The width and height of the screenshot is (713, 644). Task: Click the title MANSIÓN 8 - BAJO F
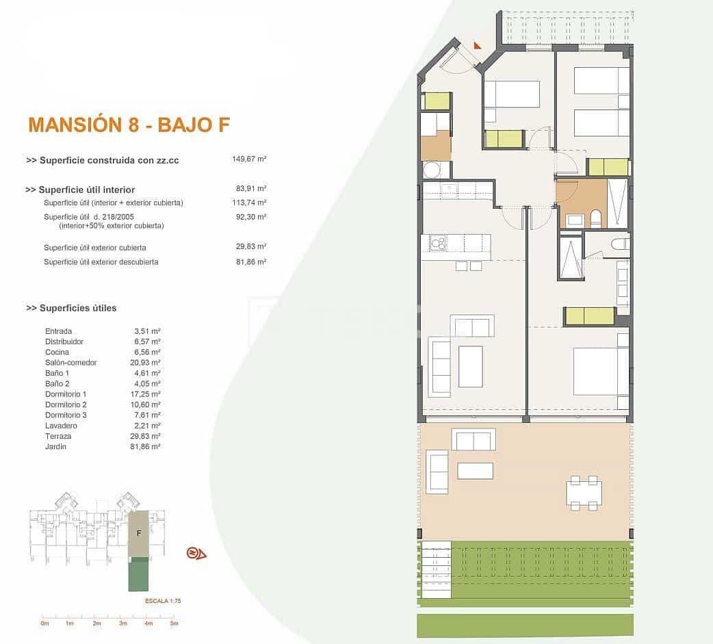point(129,125)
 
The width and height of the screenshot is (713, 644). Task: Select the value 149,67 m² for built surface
point(249,159)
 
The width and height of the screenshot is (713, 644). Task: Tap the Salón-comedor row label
point(70,363)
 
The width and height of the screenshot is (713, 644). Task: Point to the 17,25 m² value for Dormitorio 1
point(147,394)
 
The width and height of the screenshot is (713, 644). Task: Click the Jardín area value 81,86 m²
point(147,446)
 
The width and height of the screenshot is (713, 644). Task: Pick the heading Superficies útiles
point(71,308)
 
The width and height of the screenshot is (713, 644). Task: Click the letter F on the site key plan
point(139,532)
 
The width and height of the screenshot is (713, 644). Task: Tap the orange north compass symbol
point(196,553)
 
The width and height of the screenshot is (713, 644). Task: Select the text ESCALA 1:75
point(163,600)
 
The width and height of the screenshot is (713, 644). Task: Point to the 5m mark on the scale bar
point(174,623)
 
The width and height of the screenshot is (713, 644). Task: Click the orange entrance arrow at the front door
point(477,45)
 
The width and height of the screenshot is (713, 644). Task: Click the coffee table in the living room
point(470,367)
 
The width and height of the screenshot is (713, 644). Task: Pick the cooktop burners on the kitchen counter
point(438,242)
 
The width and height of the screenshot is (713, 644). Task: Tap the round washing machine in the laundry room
point(431,170)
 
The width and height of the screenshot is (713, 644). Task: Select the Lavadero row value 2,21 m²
point(147,426)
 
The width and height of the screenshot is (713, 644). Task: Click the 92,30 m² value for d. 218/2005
point(250,217)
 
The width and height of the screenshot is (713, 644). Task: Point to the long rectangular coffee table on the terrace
point(475,471)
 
